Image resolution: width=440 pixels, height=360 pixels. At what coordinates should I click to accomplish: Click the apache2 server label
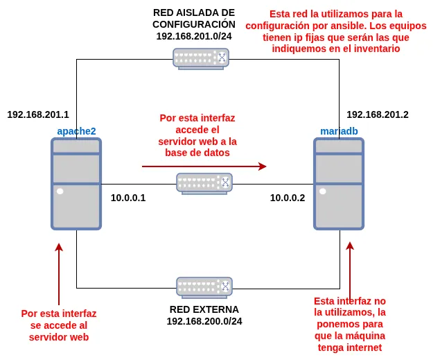(76, 131)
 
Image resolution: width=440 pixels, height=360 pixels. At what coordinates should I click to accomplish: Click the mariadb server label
(339, 131)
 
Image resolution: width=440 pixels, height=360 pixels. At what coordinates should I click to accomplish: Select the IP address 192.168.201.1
(38, 114)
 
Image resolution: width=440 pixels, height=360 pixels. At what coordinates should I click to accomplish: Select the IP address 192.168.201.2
(378, 114)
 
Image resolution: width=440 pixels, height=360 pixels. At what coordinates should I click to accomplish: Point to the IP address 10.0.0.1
(128, 198)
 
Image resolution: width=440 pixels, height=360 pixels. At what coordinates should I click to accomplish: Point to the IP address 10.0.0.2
(288, 198)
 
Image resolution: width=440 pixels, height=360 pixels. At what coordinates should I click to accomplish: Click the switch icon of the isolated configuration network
(201, 58)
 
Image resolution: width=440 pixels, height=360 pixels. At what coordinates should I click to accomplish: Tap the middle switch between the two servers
(204, 183)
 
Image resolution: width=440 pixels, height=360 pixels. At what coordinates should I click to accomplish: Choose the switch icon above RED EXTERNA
(204, 287)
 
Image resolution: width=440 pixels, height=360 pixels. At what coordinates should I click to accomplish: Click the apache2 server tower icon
(76, 183)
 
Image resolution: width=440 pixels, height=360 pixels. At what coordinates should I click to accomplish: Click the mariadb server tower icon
(339, 183)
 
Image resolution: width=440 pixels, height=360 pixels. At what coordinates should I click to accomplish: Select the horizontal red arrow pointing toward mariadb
(204, 166)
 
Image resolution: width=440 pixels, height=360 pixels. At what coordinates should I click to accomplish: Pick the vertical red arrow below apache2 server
(59, 274)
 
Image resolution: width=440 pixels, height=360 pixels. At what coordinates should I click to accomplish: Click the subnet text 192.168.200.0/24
(204, 321)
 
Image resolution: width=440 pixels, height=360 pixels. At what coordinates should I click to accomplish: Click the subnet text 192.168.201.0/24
(194, 36)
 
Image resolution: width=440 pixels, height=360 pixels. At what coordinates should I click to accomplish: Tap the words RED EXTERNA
(204, 309)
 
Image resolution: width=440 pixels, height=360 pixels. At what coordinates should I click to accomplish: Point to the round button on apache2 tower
(60, 191)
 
